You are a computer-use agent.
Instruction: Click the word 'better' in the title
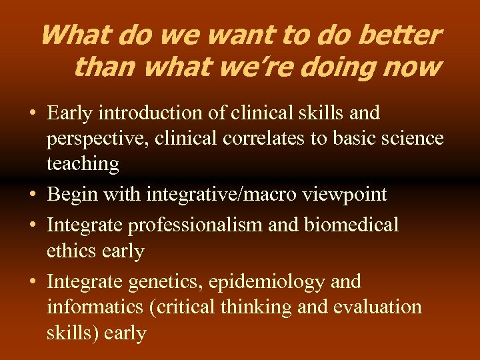click(401, 35)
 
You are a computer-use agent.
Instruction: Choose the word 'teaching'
click(83, 164)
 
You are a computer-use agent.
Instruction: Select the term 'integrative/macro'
click(217, 195)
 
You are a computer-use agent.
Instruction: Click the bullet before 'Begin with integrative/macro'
click(32, 195)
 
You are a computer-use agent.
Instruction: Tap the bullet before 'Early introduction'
click(32, 113)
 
